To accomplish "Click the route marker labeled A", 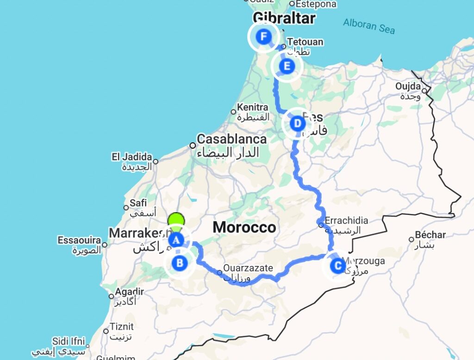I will tap(176, 240).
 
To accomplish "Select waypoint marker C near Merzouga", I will tap(337, 266).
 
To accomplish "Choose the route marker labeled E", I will tap(287, 66).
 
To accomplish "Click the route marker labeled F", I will tap(264, 37).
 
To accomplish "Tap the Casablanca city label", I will tap(231, 139).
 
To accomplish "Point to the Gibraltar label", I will tap(284, 19).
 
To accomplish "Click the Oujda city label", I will tap(408, 87).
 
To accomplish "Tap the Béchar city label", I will tap(430, 235).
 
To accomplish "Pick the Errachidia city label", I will tap(346, 221).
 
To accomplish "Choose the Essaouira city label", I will tap(79, 240).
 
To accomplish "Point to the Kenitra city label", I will tap(253, 107).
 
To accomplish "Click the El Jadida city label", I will tap(131, 157).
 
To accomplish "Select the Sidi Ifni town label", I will tap(69, 342).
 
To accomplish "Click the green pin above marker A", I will tap(176, 220).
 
